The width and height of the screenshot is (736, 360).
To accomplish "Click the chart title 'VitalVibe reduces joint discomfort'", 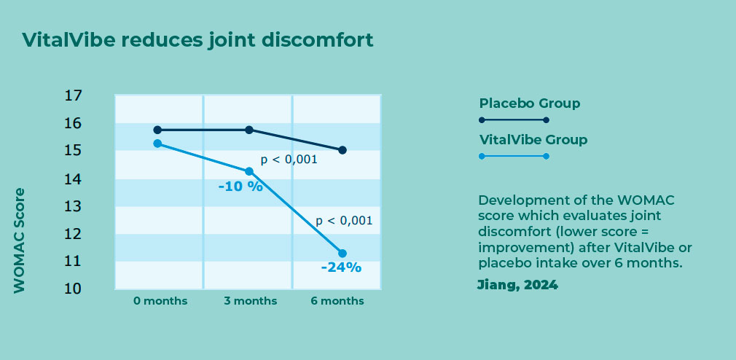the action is (x=197, y=40).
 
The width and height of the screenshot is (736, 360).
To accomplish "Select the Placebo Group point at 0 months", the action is (x=157, y=130).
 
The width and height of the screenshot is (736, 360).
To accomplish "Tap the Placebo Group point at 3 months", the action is (x=249, y=130).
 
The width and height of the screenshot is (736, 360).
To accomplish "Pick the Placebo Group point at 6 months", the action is (x=342, y=150).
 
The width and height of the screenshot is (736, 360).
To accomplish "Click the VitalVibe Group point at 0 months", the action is (x=157, y=143).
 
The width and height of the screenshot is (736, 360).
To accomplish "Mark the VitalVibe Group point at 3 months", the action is (x=249, y=171).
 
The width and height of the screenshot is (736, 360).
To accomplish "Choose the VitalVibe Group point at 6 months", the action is (x=342, y=254).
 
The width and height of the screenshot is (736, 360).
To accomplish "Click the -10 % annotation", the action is (x=240, y=187).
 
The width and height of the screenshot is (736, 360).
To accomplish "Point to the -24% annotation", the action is (x=341, y=267).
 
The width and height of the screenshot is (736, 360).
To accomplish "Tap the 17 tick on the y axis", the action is (x=72, y=95).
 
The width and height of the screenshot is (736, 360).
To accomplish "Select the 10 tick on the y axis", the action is (x=72, y=289).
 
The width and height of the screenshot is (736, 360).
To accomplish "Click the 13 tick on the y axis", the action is (x=72, y=206).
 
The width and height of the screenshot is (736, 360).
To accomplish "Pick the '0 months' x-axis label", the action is (x=160, y=301).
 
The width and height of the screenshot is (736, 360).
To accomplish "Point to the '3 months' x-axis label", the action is (x=250, y=301).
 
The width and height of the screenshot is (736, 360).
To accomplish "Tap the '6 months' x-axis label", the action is (x=337, y=301).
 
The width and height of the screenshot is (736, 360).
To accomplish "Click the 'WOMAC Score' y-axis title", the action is (x=19, y=240).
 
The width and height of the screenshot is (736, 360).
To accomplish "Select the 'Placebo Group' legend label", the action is (x=530, y=103).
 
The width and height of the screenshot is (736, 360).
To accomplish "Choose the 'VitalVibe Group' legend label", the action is (x=533, y=140).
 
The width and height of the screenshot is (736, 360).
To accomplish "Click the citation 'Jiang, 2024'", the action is (x=517, y=285).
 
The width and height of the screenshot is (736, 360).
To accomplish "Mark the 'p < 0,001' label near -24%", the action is (x=344, y=221).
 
